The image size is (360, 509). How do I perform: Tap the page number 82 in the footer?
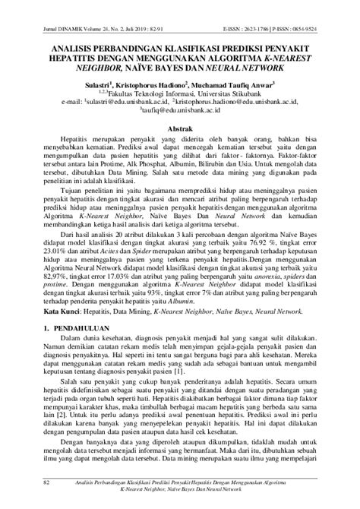click(x=47, y=482)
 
